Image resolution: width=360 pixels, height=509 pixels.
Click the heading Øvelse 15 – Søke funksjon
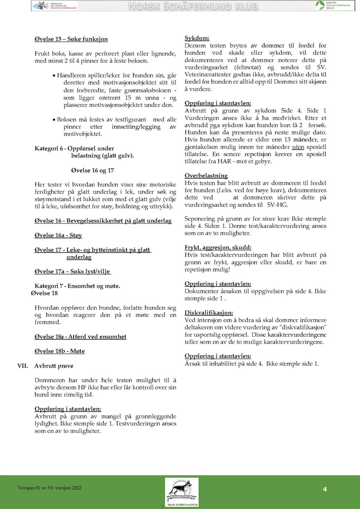coord(71,39)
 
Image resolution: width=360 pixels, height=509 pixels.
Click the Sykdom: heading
coord(197,38)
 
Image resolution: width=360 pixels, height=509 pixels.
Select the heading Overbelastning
coord(206,176)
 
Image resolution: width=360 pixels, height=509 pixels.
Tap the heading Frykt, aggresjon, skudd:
coord(218,248)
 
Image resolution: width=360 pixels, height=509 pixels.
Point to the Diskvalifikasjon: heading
coord(209,313)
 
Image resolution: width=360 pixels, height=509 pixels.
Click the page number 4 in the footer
coord(325,489)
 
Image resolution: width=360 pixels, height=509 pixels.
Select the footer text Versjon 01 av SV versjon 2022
coord(49,488)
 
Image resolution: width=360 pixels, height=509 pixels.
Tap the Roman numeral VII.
coord(23,366)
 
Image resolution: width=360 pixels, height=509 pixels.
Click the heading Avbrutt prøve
coord(54,366)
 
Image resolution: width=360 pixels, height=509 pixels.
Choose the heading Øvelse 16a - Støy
coord(58,235)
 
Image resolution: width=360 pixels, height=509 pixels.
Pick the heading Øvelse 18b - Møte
coord(60,351)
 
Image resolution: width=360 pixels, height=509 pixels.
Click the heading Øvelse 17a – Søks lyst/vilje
coord(72,271)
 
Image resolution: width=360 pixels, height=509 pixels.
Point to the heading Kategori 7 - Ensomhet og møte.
coord(77,286)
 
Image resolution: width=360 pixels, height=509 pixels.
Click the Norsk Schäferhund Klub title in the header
coord(193,6)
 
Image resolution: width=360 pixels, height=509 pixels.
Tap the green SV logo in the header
coord(320,5)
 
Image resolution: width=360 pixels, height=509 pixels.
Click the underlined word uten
coord(298,147)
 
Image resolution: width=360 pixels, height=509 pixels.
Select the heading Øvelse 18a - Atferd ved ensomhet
coord(80,337)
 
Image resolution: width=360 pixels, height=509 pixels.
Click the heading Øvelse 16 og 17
coord(92,170)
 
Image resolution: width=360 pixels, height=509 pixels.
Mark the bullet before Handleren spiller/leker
coord(54,76)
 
